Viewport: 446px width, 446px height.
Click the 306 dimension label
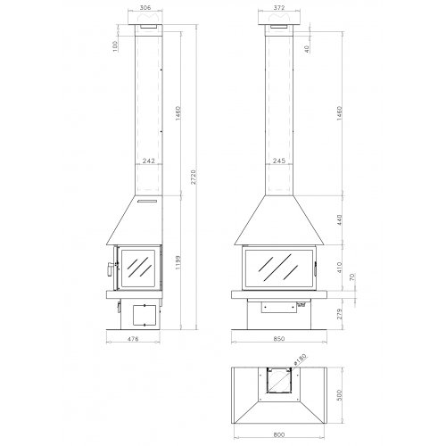pos(145,8)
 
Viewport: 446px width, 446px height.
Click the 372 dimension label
pos(279,8)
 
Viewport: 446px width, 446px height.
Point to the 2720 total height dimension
pos(194,177)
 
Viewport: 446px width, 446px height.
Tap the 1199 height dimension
pos(178,262)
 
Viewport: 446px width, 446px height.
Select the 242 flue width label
pos(148,161)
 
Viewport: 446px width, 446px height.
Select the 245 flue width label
pos(279,161)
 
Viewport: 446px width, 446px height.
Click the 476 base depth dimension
pos(133,339)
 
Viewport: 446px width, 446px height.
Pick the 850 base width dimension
pos(279,339)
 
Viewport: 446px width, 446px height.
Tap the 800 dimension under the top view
pos(278,434)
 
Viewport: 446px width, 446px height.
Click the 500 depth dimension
pos(340,395)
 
